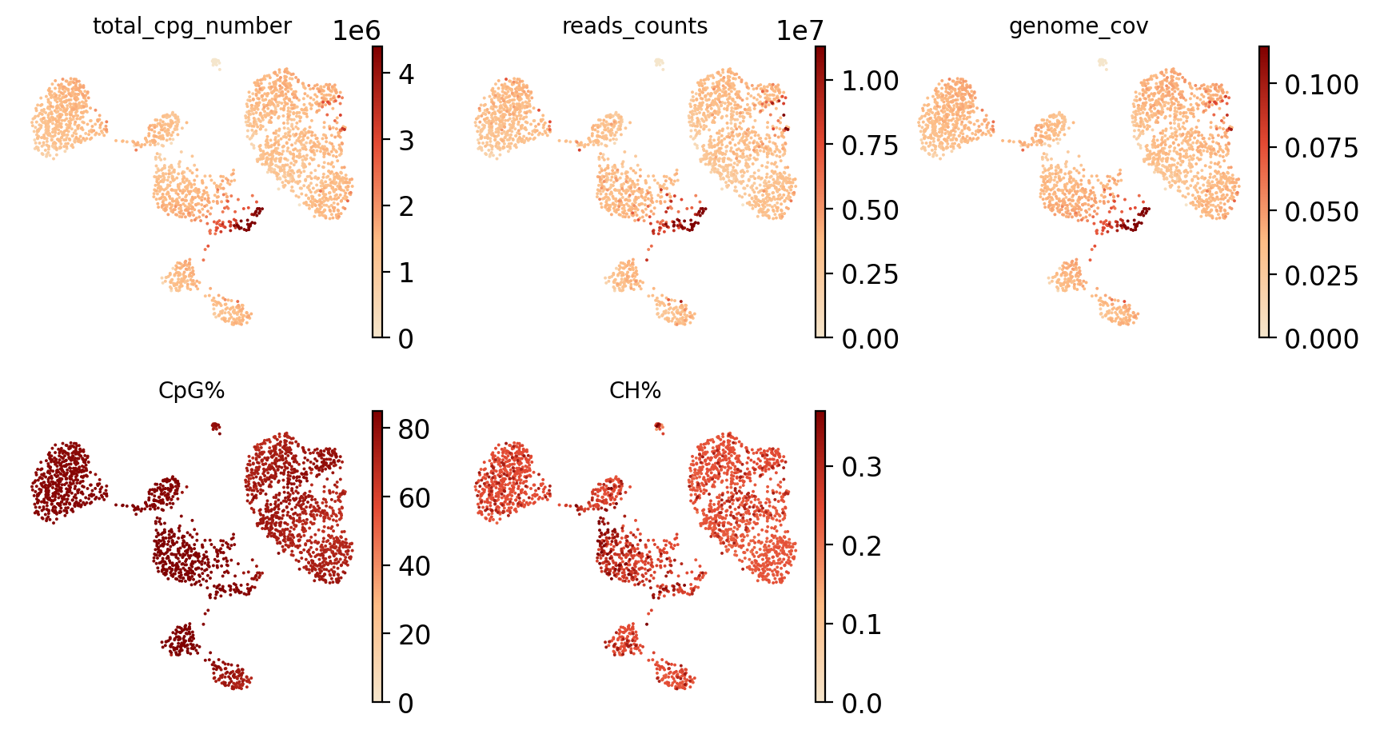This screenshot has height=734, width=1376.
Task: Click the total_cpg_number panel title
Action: click(x=192, y=26)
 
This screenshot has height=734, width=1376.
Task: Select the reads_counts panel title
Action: click(x=635, y=26)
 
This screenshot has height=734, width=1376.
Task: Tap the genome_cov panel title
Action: click(x=1079, y=26)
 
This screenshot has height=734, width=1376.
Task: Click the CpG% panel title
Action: click(x=192, y=391)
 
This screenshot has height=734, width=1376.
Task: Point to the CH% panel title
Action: click(x=635, y=391)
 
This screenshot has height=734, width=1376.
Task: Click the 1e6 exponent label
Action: click(x=357, y=31)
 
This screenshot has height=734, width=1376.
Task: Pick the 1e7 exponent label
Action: click(x=800, y=31)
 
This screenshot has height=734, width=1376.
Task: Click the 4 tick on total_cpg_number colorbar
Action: click(x=406, y=74)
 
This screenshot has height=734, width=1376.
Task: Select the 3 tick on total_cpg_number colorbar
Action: click(x=406, y=141)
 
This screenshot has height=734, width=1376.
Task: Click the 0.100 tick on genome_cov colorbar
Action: click(x=1321, y=84)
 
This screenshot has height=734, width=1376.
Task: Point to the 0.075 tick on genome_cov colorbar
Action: click(x=1321, y=148)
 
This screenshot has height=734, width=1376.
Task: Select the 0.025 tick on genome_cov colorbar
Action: click(x=1321, y=275)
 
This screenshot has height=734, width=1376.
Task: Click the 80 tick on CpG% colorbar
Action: click(x=413, y=429)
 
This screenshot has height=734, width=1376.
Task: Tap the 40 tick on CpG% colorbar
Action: click(x=413, y=566)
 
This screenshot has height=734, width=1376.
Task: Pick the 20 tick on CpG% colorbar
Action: click(x=413, y=635)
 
